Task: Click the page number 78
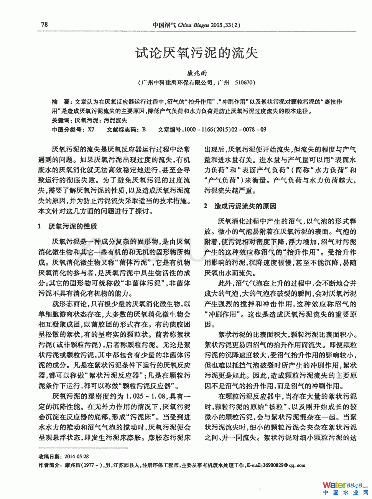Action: [x=44, y=25]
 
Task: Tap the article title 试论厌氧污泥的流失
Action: [x=197, y=53]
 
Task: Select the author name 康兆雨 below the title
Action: [x=197, y=73]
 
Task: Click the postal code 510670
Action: [x=244, y=82]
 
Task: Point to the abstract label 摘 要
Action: [x=61, y=102]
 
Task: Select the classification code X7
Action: [x=91, y=130]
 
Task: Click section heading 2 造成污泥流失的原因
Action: [x=240, y=206]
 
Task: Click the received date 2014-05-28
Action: [x=77, y=456]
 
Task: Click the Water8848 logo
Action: [x=345, y=485]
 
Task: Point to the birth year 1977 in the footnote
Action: [x=86, y=465]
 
